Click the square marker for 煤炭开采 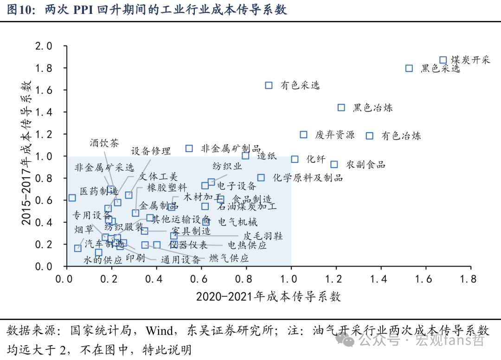tap(443, 60)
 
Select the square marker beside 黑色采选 tap(409, 68)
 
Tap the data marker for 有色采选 tap(269, 85)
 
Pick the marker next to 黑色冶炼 tap(341, 108)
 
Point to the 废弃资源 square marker tap(303, 135)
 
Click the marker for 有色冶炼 tap(370, 135)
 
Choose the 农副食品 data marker tap(334, 164)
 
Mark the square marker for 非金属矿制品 tap(189, 148)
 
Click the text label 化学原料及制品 tap(308, 178)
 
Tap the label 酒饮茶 tap(104, 142)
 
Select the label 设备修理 tap(151, 151)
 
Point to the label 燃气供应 tap(229, 258)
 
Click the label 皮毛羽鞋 tap(263, 236)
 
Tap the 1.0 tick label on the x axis tap(291, 279)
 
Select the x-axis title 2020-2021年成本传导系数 tap(269, 296)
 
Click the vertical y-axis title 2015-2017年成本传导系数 tap(26, 153)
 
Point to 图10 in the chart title tap(20, 10)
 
